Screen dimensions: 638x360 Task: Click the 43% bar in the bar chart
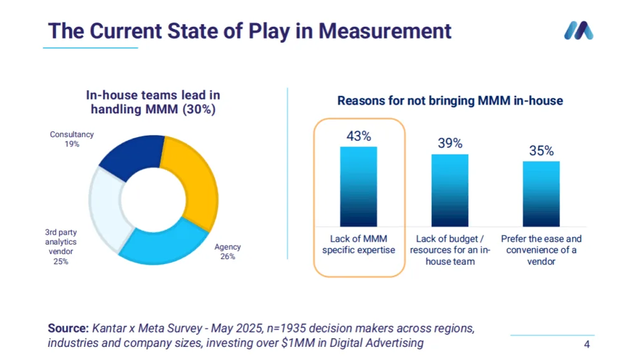click(x=358, y=187)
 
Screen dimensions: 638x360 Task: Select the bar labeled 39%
click(x=450, y=191)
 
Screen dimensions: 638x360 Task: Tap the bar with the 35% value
click(x=541, y=194)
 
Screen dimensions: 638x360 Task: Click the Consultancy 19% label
click(x=72, y=139)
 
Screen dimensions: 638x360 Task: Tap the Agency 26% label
click(x=227, y=252)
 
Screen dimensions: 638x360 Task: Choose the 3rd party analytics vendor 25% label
click(x=60, y=247)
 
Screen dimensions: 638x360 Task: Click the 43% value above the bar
click(x=358, y=136)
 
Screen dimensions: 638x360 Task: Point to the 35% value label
click(x=541, y=151)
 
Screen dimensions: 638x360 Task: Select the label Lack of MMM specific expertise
click(x=358, y=244)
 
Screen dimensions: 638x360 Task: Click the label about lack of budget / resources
click(x=450, y=250)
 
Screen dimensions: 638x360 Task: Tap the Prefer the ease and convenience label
click(x=541, y=250)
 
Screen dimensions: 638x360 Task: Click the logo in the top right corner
click(x=579, y=31)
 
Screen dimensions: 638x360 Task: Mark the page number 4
click(x=587, y=344)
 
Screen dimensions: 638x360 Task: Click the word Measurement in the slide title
click(x=385, y=31)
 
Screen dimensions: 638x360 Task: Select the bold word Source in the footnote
click(x=68, y=328)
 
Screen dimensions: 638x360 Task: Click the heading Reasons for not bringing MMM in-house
click(x=450, y=101)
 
